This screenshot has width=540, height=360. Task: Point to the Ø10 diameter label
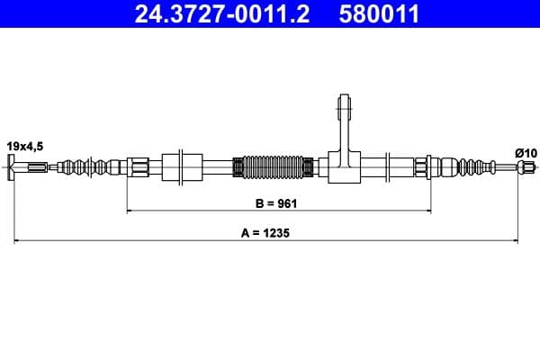point(525,153)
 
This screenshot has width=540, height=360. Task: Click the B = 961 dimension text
point(274,203)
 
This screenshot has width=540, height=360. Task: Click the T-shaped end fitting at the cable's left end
point(12,166)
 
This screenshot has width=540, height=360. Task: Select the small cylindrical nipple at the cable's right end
point(532,166)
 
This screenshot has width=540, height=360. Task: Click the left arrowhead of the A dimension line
point(15,240)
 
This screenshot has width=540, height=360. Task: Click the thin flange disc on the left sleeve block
point(185,166)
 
